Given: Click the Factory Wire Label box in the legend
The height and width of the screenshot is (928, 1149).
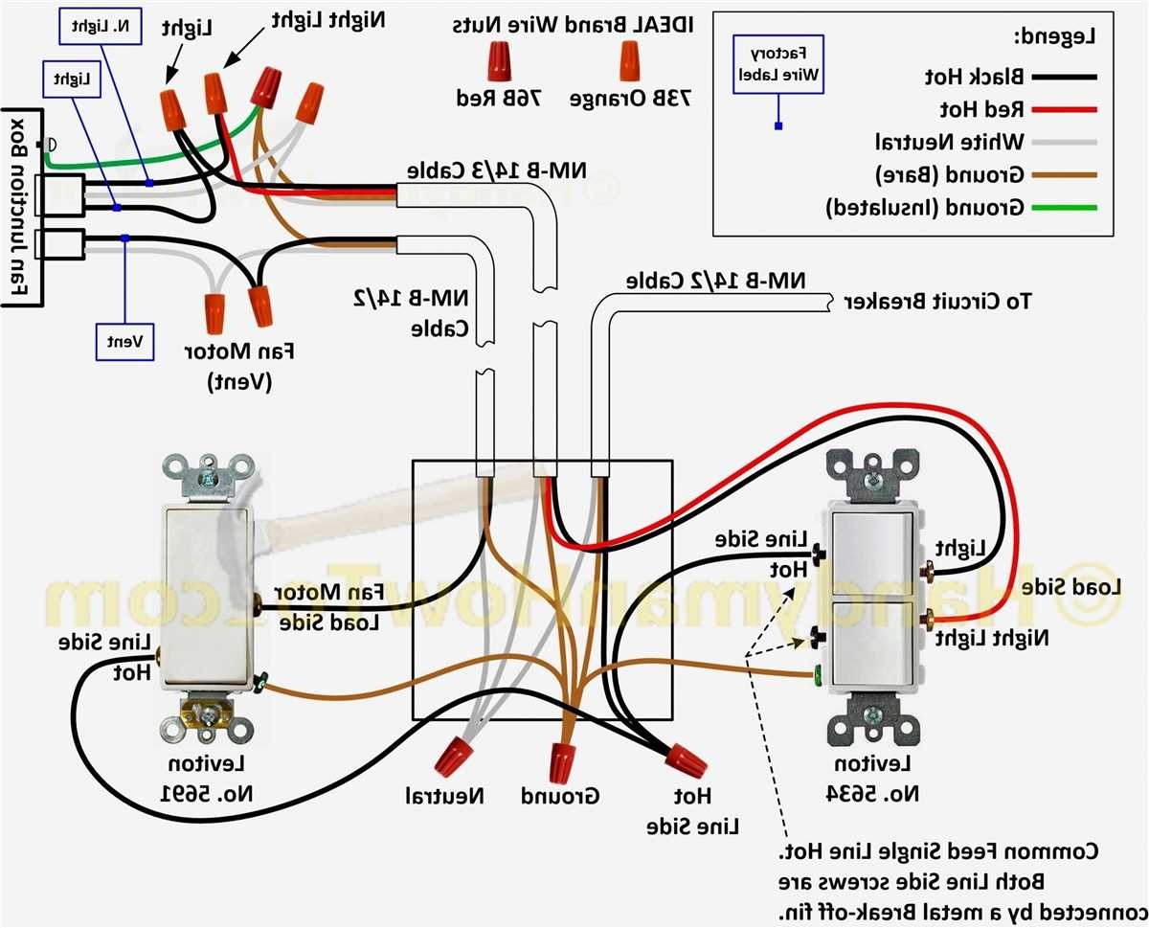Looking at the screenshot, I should click(777, 65).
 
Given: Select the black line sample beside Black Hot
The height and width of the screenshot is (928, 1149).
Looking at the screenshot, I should click(1064, 77).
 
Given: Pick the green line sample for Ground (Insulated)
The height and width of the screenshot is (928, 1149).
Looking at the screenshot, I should click(1064, 208).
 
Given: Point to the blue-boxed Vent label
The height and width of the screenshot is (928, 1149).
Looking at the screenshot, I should click(124, 341).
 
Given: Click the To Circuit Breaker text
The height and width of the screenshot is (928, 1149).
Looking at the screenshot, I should click(938, 302).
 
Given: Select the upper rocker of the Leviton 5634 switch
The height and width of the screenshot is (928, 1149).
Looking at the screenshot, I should click(873, 553).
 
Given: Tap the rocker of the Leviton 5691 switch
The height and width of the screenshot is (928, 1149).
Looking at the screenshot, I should click(207, 598).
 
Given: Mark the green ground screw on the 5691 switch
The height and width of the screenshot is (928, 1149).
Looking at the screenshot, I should click(260, 683).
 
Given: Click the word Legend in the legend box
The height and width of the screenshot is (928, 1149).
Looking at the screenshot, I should click(1054, 38).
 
